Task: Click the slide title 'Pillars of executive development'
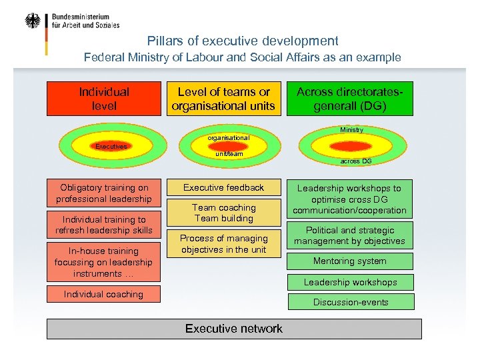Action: tap(243, 41)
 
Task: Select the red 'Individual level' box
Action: tap(104, 99)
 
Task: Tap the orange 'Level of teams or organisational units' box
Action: tap(223, 99)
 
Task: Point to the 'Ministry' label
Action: tap(351, 130)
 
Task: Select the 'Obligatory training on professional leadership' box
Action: tap(104, 193)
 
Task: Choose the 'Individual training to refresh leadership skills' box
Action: tap(104, 225)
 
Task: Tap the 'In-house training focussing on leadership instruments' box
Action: tap(104, 262)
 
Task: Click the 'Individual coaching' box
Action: tap(104, 294)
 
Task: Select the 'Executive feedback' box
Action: tap(223, 188)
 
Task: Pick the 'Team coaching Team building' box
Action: tap(223, 213)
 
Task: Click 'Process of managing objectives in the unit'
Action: tap(223, 244)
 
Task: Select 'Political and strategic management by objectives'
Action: tap(350, 235)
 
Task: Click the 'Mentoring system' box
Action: tap(350, 261)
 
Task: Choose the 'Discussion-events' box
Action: tap(350, 302)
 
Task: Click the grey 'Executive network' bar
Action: tap(234, 329)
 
